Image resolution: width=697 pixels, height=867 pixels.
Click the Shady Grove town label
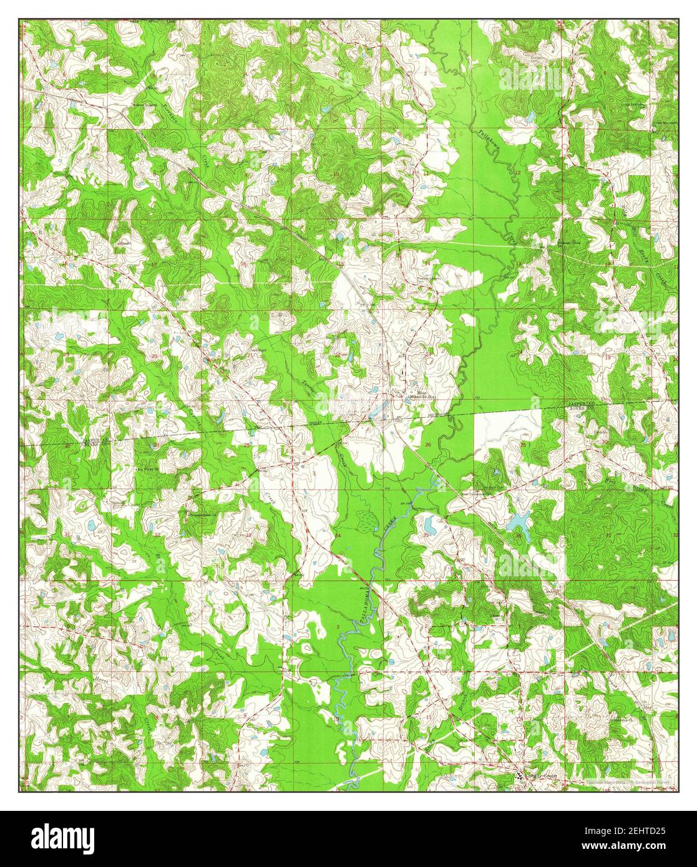540,776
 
